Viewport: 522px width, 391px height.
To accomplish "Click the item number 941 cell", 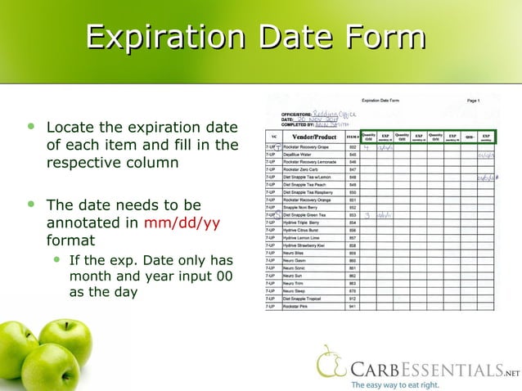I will tap(353, 306).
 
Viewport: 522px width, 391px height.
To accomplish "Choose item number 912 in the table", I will tap(353, 299).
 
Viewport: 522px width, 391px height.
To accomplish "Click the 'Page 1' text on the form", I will tap(473, 100).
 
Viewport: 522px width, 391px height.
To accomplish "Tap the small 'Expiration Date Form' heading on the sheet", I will tap(385, 100).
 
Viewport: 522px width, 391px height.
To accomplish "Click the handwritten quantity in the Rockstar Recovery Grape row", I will tap(367, 147).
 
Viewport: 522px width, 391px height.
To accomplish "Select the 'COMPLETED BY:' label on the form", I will tap(298, 124).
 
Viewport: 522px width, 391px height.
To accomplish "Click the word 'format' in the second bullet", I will tap(70, 240).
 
